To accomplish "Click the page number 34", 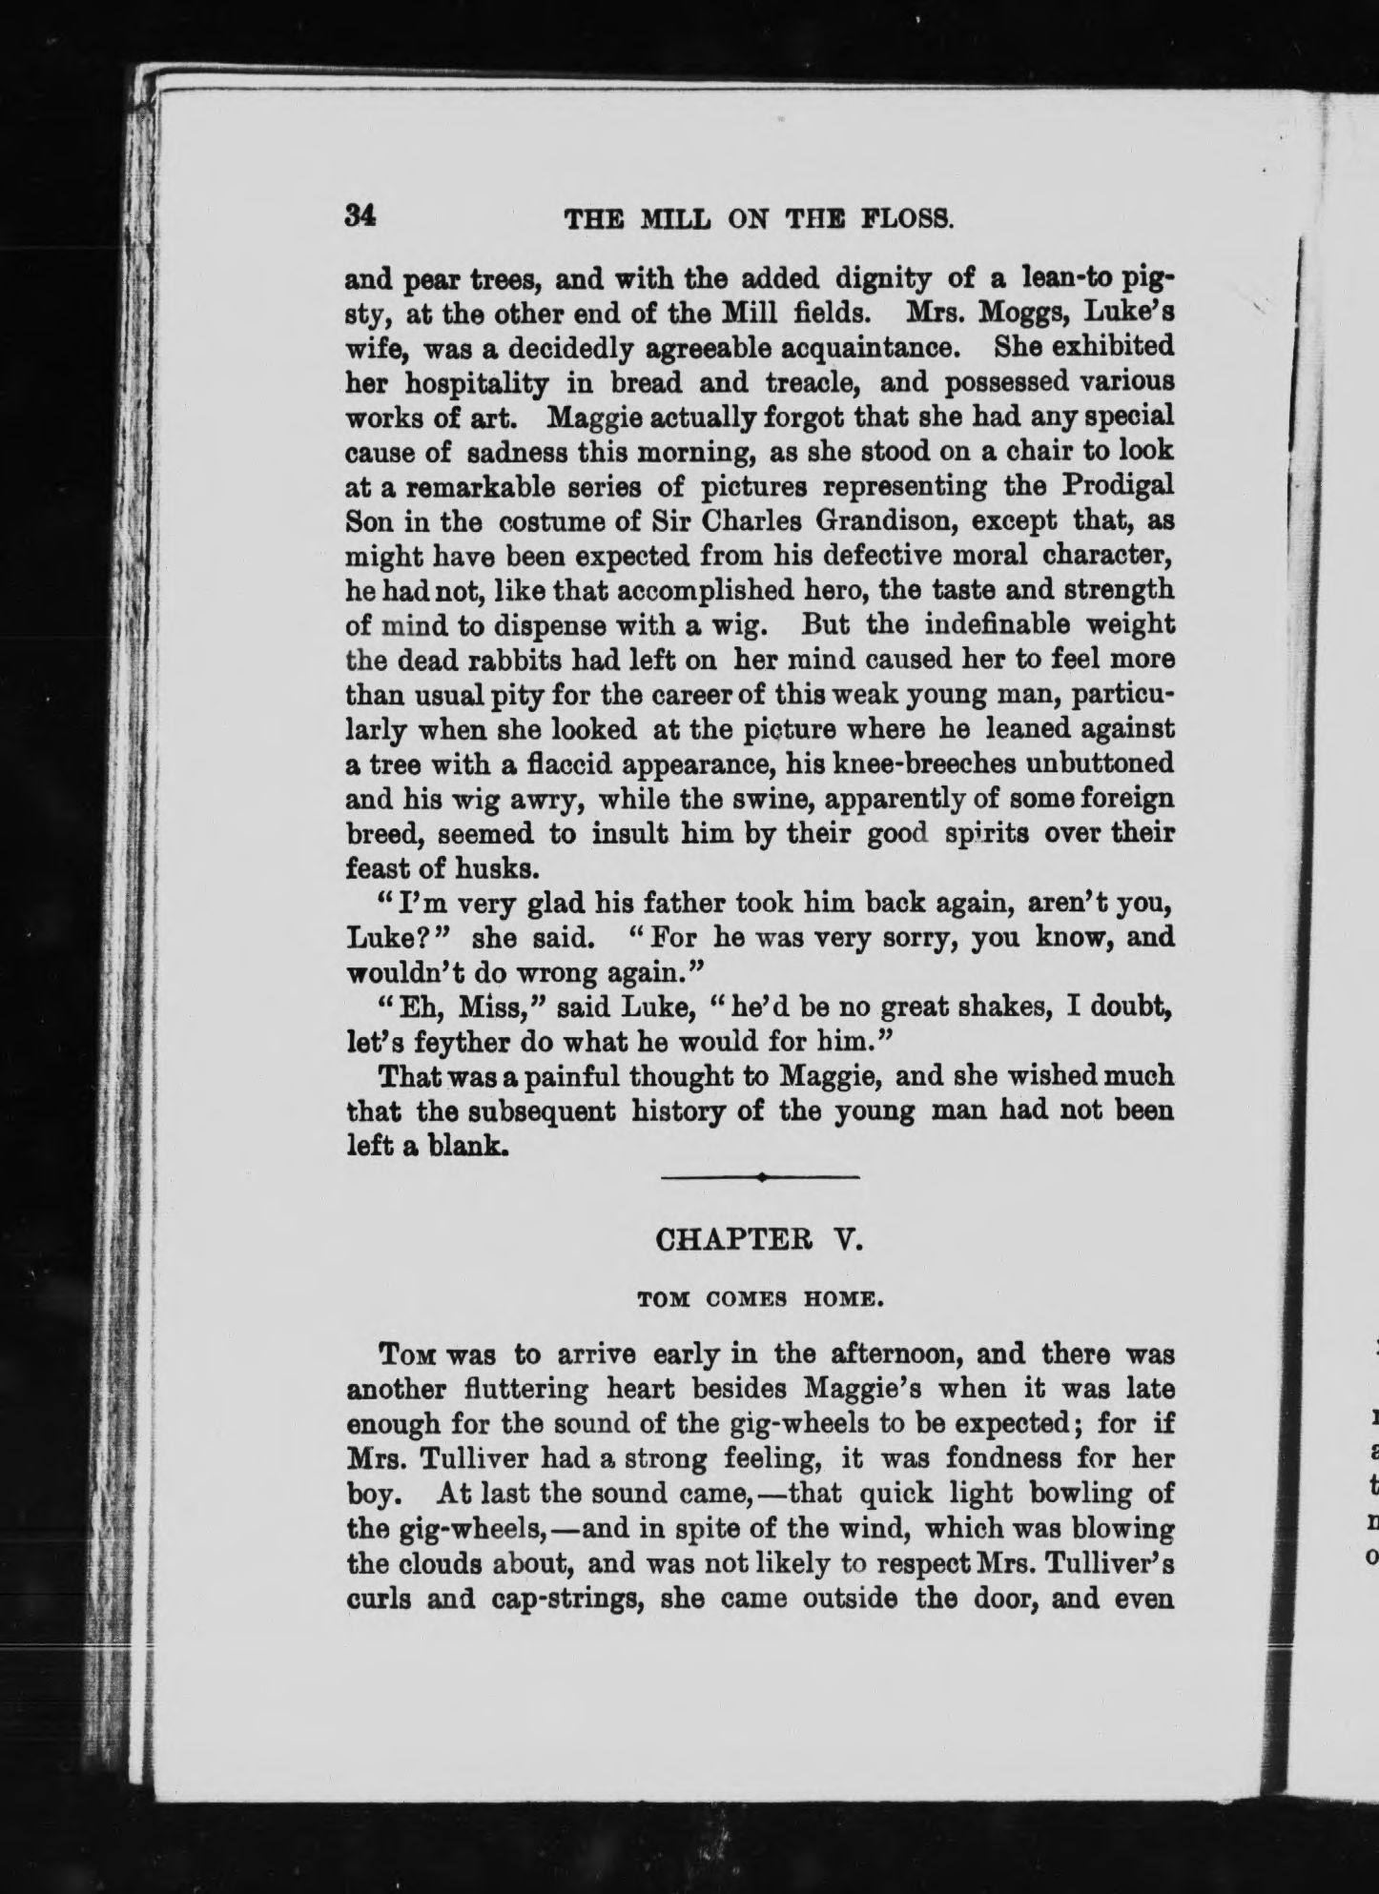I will (x=361, y=216).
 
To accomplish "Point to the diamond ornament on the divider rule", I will (x=761, y=1179).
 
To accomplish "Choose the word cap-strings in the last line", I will (x=551, y=1598).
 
